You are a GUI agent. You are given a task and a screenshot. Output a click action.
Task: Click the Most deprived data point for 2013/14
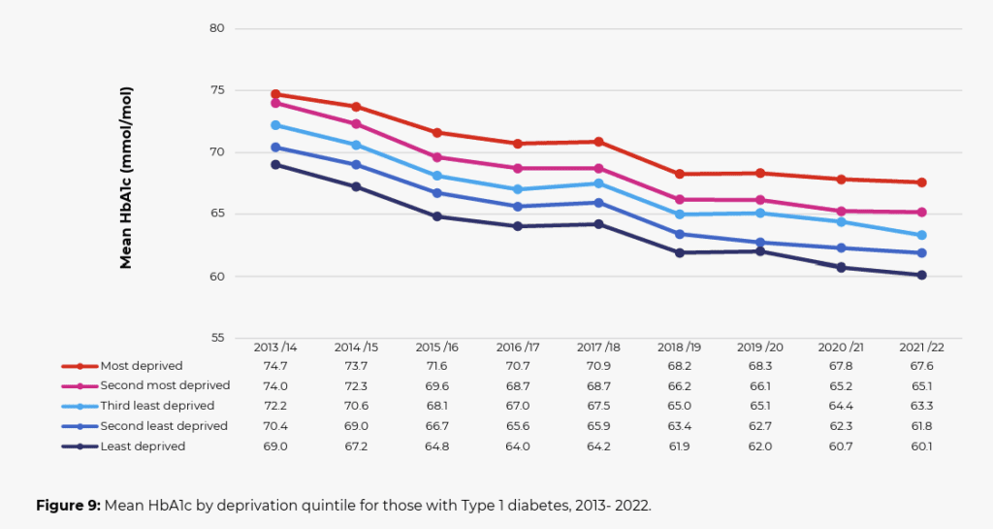click(275, 94)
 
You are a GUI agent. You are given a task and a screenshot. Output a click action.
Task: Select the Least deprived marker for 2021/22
click(922, 275)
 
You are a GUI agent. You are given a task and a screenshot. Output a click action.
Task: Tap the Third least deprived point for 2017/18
click(599, 183)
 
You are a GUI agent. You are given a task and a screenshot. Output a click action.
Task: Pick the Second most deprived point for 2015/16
click(437, 157)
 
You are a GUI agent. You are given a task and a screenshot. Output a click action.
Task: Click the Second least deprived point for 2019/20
click(760, 243)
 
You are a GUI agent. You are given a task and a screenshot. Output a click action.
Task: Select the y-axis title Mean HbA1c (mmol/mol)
click(126, 178)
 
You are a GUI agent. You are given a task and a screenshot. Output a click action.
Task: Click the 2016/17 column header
click(518, 347)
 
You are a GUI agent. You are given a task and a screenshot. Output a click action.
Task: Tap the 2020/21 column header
click(842, 347)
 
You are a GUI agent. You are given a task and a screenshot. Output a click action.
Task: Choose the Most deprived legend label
click(142, 366)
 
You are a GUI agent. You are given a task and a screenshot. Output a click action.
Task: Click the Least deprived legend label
click(143, 446)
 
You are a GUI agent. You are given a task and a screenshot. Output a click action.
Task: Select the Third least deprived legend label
click(157, 406)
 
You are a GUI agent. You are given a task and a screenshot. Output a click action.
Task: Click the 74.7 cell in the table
click(275, 366)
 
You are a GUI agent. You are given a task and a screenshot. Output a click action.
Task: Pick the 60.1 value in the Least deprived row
click(922, 446)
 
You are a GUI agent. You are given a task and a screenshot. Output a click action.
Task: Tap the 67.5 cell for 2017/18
click(599, 406)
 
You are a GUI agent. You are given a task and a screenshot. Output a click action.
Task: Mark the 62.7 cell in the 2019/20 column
click(760, 426)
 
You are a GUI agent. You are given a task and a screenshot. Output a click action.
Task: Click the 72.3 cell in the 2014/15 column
click(356, 386)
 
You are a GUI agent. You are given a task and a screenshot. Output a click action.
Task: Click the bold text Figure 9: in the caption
click(68, 506)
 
